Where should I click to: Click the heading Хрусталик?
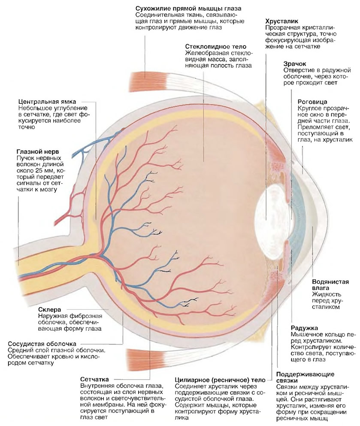pos(282,21)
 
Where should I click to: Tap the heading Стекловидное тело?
pos(216,47)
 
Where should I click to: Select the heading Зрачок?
pos(295,64)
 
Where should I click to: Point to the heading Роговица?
pos(312,102)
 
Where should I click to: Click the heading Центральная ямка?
pos(47,102)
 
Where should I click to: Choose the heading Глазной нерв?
pos(37,152)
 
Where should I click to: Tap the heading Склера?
pos(49,310)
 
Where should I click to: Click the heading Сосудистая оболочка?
pos(42,344)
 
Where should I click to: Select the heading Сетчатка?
pos(94,379)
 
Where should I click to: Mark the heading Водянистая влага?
pos(330,285)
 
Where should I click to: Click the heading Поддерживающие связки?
pos(305,378)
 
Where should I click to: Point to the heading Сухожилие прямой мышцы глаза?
pos(188,9)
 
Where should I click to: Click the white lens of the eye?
pos(269,218)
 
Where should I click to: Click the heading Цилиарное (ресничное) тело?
pos(220,380)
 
